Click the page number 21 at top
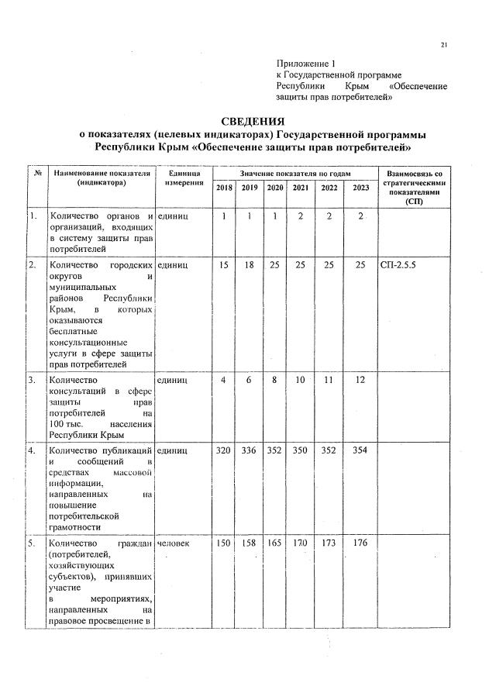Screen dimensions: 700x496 [444, 44]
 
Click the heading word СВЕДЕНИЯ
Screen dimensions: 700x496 [253, 122]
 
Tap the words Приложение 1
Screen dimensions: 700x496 [308, 63]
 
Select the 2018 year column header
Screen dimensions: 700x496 [224, 188]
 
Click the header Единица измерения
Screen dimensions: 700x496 [184, 178]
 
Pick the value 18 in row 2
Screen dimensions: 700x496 [249, 265]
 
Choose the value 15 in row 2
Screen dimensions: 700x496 [224, 265]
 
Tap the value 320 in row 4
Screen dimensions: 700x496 [224, 450]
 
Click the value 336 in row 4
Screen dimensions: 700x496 [249, 450]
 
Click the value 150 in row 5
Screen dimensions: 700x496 [224, 543]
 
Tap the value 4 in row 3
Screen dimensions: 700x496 [224, 381]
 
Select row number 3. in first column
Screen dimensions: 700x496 [33, 381]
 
